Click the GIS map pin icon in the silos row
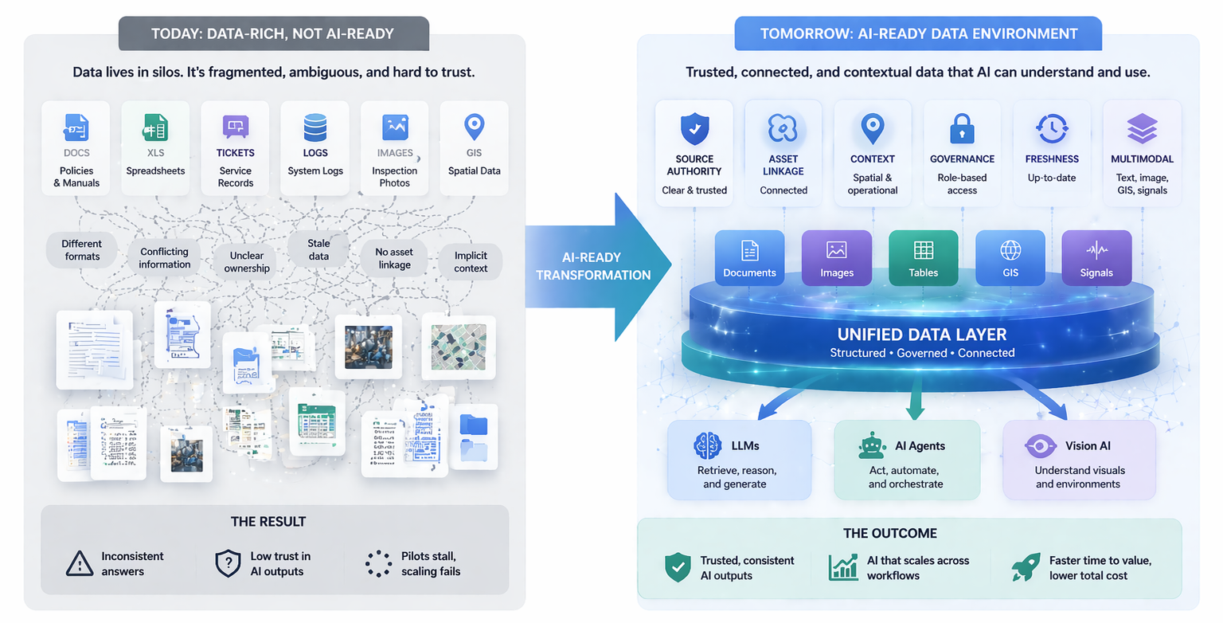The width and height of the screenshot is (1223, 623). pos(474,126)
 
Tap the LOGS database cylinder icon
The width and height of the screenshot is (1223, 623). pos(315,127)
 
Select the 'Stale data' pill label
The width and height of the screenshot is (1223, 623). pos(318,249)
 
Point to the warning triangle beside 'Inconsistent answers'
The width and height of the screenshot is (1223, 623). pos(80,563)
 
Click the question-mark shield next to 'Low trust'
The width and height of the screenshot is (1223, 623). pos(229,563)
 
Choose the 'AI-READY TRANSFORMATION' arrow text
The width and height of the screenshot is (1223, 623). pos(593,266)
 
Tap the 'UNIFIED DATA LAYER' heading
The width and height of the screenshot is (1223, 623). pos(922,335)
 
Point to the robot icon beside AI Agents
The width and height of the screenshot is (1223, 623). pos(872,446)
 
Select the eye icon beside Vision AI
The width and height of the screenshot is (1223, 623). pos(1040,446)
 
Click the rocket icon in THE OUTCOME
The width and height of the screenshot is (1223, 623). pos(1026,567)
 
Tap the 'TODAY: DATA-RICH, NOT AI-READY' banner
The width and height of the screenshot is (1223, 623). pos(273,34)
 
